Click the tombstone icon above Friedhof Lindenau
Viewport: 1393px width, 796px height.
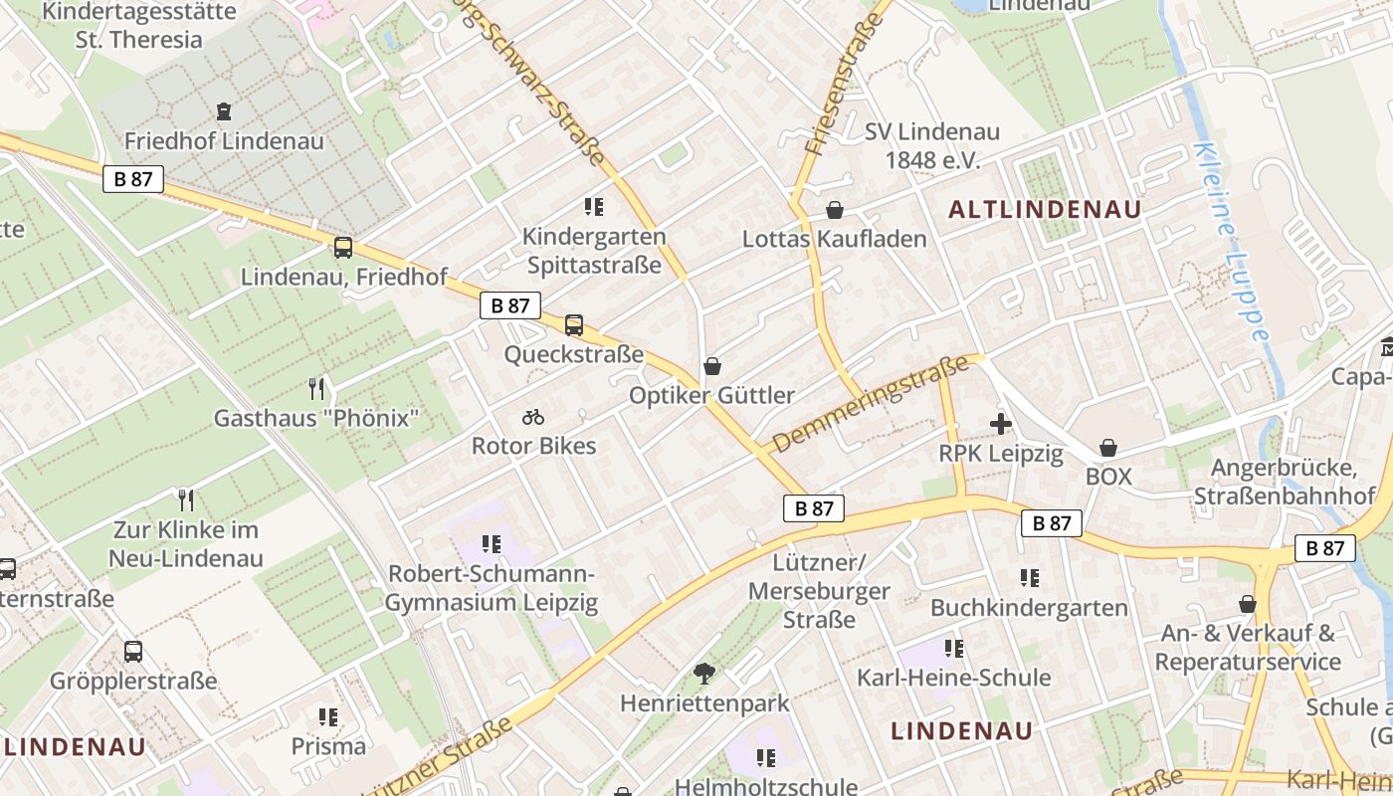[x=224, y=110]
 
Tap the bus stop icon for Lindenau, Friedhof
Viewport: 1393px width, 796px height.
[x=343, y=248]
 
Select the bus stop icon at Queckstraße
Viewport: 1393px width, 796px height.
[x=574, y=324]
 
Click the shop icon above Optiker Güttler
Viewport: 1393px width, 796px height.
[x=711, y=366]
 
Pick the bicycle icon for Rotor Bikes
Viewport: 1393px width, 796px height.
[x=533, y=417]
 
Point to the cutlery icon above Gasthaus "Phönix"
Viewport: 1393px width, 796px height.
[x=316, y=388]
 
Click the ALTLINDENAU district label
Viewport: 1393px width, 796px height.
[x=1045, y=209]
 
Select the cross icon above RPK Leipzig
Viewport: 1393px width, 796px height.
[x=1001, y=425]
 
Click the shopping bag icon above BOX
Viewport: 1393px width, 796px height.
[x=1108, y=449]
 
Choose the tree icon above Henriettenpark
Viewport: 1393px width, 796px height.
[x=704, y=674]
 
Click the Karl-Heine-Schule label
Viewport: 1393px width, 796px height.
[x=954, y=678]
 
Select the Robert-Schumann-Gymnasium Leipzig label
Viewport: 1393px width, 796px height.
[x=492, y=588]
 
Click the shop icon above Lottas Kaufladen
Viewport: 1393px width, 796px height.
[x=835, y=210]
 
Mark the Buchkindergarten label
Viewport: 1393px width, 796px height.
[x=1029, y=607]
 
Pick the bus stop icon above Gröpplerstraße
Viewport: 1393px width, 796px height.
[x=133, y=652]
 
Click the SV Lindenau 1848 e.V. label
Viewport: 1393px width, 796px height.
[x=932, y=145]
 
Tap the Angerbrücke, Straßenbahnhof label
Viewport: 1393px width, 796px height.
[x=1284, y=482]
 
